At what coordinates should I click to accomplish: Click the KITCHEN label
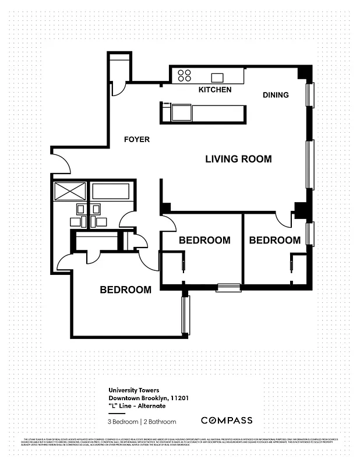(x=215, y=90)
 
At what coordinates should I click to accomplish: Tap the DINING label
(x=276, y=95)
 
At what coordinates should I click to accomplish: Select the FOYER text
(x=137, y=140)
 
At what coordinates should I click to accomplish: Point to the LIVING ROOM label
(x=238, y=159)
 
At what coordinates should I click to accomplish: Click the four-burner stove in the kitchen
(x=185, y=75)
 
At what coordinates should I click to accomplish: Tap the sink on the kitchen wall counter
(x=218, y=77)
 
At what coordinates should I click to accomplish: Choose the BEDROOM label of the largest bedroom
(x=125, y=290)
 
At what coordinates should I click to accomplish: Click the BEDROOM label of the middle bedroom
(x=204, y=240)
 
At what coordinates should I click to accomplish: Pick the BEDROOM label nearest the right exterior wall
(x=274, y=240)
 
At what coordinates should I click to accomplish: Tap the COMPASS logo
(x=227, y=420)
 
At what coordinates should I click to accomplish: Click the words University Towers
(x=133, y=391)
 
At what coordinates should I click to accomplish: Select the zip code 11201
(x=178, y=398)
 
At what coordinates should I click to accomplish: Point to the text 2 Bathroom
(x=159, y=421)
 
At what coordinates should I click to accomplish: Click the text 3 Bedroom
(x=123, y=421)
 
